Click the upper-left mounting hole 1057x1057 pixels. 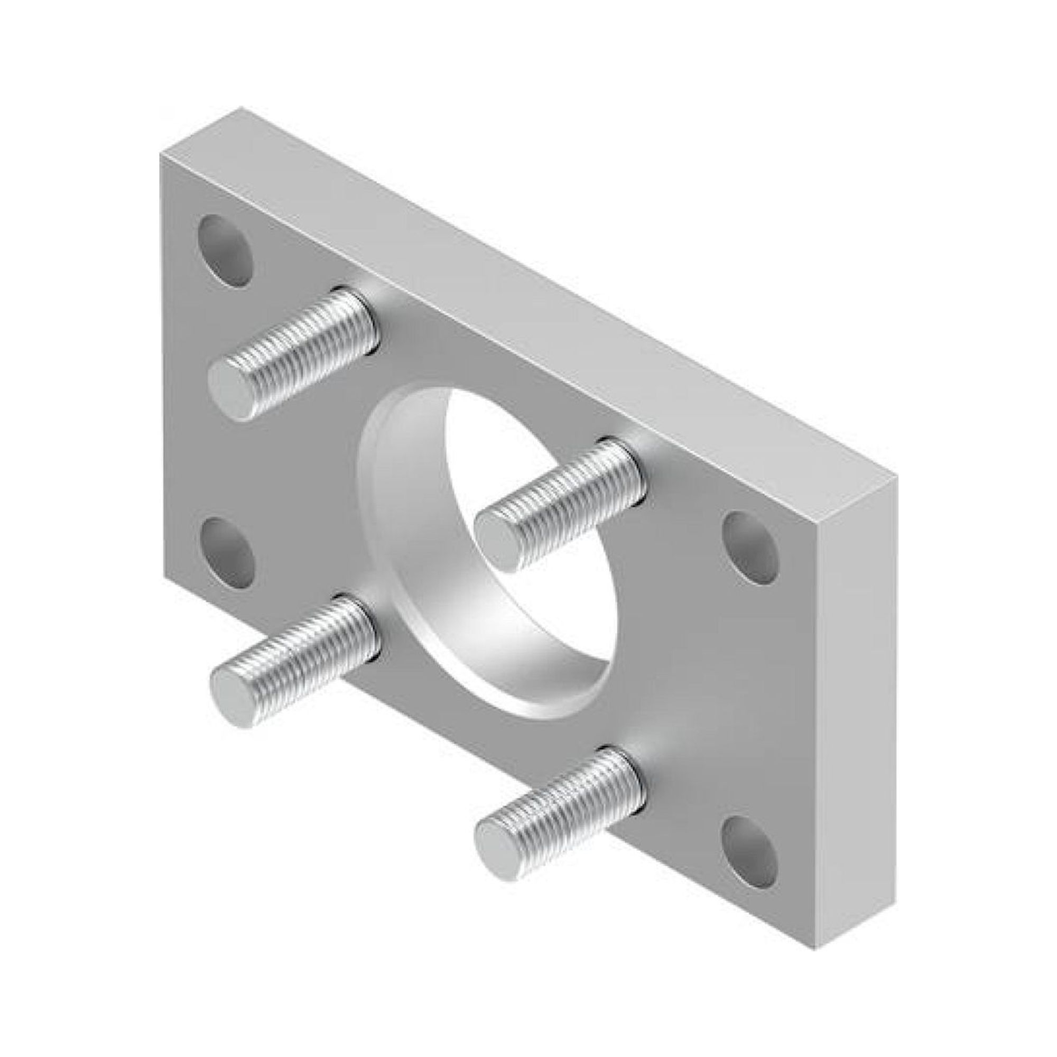point(226,251)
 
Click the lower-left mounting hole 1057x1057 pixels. point(229,553)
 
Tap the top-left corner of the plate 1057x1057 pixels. point(162,155)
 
